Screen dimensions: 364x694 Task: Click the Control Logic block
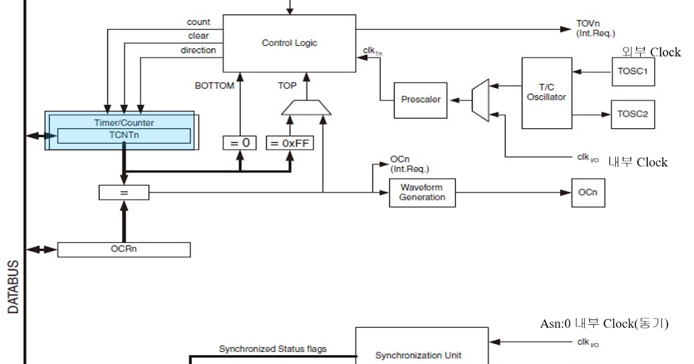click(x=289, y=43)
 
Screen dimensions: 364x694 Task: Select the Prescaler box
click(x=420, y=100)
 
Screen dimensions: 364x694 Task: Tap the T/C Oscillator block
click(x=547, y=92)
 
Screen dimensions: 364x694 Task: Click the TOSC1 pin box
click(x=633, y=72)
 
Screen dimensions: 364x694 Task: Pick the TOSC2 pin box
click(x=633, y=114)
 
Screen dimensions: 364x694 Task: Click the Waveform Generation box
click(x=422, y=192)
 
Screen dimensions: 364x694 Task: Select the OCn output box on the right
click(x=588, y=192)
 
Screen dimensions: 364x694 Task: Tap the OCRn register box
click(x=124, y=250)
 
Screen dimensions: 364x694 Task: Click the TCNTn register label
click(x=124, y=136)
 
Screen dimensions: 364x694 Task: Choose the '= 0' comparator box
click(x=239, y=143)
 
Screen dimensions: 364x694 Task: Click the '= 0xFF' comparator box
click(x=290, y=143)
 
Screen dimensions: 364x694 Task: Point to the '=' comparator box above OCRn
click(x=124, y=192)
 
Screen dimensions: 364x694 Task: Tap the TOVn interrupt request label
click(x=595, y=28)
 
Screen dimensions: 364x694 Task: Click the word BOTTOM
click(x=215, y=86)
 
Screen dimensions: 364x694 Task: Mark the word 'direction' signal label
click(x=198, y=50)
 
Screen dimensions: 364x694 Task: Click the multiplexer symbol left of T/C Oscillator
click(x=481, y=100)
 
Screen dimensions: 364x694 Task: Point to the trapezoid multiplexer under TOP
click(x=307, y=107)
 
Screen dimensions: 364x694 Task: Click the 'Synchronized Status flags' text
click(x=272, y=349)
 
